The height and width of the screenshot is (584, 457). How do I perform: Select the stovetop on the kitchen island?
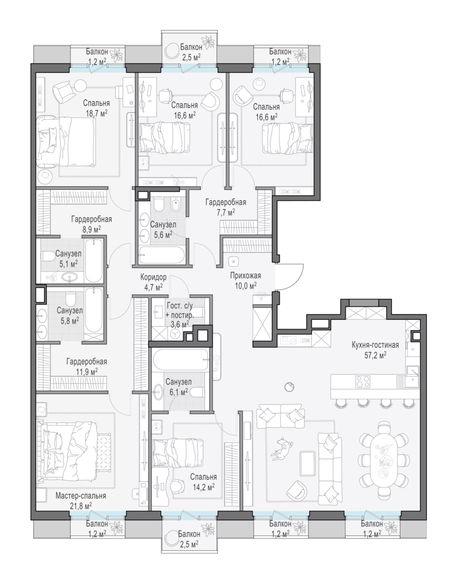click(363, 381)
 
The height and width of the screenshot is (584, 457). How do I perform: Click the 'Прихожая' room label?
click(246, 275)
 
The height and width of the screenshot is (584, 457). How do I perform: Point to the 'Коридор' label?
click(154, 277)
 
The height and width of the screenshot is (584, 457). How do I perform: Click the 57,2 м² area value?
click(375, 355)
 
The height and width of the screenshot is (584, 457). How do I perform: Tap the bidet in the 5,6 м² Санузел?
click(176, 205)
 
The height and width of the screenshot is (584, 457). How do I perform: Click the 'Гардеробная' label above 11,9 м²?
click(87, 362)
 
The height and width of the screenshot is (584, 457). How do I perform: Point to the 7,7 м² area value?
click(226, 213)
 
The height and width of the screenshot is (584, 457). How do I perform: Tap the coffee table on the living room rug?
click(308, 463)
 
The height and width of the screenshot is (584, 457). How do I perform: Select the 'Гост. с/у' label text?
click(180, 305)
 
